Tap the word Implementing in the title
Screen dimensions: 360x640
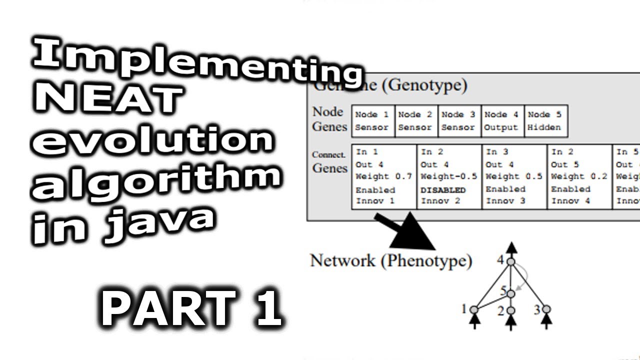[195, 62]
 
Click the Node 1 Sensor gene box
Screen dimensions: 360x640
[372, 121]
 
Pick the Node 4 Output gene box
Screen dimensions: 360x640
[501, 121]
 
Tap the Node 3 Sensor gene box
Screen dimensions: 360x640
[459, 121]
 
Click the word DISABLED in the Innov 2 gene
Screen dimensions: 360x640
[443, 190]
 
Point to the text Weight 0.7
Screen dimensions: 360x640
[383, 176]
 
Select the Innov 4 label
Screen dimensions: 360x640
[571, 201]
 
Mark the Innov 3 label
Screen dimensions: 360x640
[505, 201]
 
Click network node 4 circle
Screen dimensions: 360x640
[510, 261]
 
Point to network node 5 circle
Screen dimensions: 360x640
[510, 293]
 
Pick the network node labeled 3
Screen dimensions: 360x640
[546, 309]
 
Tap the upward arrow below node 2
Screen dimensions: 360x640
[510, 322]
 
